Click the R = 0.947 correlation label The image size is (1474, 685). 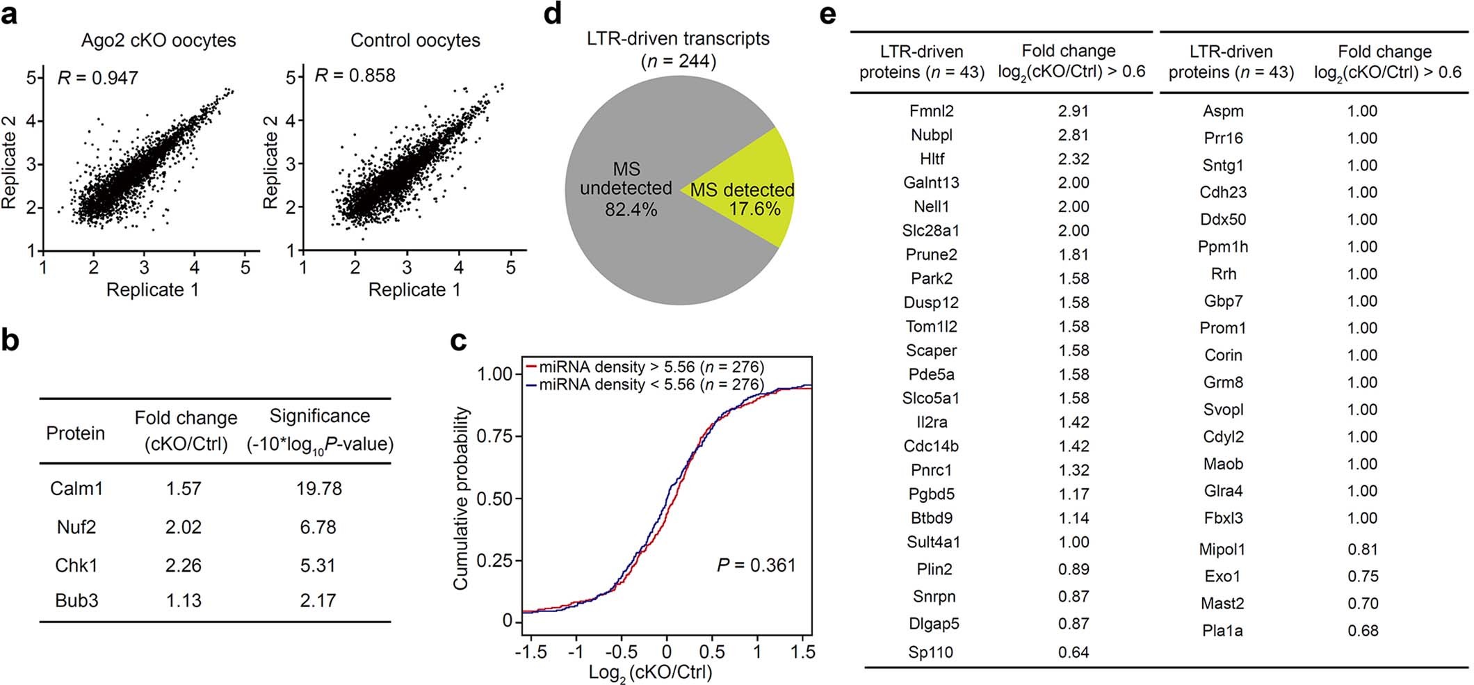coord(97,77)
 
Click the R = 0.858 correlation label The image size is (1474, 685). coord(355,75)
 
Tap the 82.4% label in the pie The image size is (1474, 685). coord(630,209)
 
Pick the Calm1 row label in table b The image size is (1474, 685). coord(76,488)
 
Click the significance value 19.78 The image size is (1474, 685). coord(318,488)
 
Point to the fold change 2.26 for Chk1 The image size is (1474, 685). coord(184,565)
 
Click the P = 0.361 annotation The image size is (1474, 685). coord(756,565)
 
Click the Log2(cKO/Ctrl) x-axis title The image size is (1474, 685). coord(650,672)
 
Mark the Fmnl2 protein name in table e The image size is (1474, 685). coord(931,111)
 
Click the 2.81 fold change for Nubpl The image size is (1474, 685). coord(1073,135)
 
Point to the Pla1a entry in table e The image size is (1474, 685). coord(1222,631)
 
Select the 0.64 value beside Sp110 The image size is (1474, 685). coord(1073,652)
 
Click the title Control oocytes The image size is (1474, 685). coord(415,40)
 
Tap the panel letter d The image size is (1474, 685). coord(552,14)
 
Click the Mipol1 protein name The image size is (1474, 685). coord(1222,549)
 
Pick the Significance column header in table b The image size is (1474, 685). coord(320,416)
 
